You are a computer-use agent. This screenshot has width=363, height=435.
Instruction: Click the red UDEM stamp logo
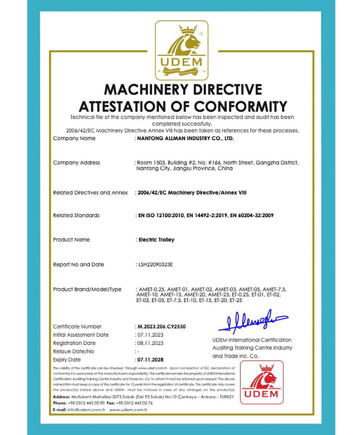coord(262,382)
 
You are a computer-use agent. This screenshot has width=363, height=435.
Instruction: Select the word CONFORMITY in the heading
coord(241,106)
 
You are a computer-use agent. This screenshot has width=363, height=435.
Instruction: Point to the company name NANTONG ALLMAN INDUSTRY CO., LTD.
coord(185,138)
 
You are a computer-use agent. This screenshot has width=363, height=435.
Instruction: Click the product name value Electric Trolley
coord(156,240)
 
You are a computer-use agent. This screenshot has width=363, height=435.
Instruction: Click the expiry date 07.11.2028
coord(150,360)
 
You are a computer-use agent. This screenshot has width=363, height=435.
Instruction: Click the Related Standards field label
coord(76,215)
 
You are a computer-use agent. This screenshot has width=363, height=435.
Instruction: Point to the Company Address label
coord(76,163)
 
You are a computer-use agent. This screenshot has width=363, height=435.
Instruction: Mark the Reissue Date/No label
coord(73,352)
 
